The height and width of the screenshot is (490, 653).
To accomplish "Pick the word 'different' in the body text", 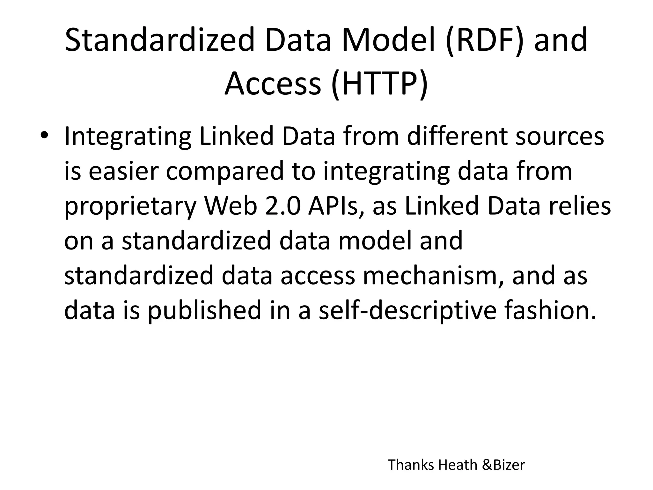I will (458, 137).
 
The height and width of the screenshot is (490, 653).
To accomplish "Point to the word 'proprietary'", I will (130, 207).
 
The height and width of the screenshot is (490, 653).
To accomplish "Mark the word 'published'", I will (204, 311).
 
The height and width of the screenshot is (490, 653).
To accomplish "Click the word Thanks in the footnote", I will (411, 465).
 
